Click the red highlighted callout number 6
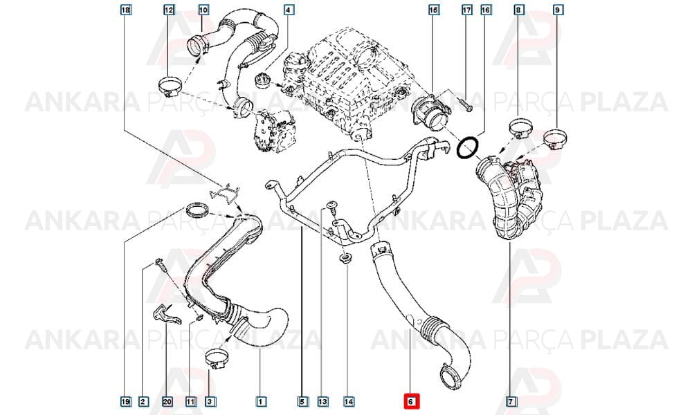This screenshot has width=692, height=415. pyautogui.click(x=410, y=401)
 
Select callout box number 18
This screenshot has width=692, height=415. pyautogui.click(x=126, y=9)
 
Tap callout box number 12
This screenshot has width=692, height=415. pyautogui.click(x=169, y=9)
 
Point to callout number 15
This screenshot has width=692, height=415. pyautogui.click(x=433, y=9)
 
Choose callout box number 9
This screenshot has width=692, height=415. pyautogui.click(x=558, y=9)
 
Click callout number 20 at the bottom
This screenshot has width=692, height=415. pyautogui.click(x=167, y=401)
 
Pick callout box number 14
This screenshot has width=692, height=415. pyautogui.click(x=349, y=401)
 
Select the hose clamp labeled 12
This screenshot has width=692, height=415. pyautogui.click(x=170, y=86)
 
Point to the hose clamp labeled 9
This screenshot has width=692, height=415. pyautogui.click(x=554, y=138)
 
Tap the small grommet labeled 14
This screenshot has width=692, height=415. pyautogui.click(x=344, y=259)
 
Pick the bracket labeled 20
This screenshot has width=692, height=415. pyautogui.click(x=165, y=314)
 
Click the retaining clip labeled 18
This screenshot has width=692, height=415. pyautogui.click(x=225, y=193)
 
